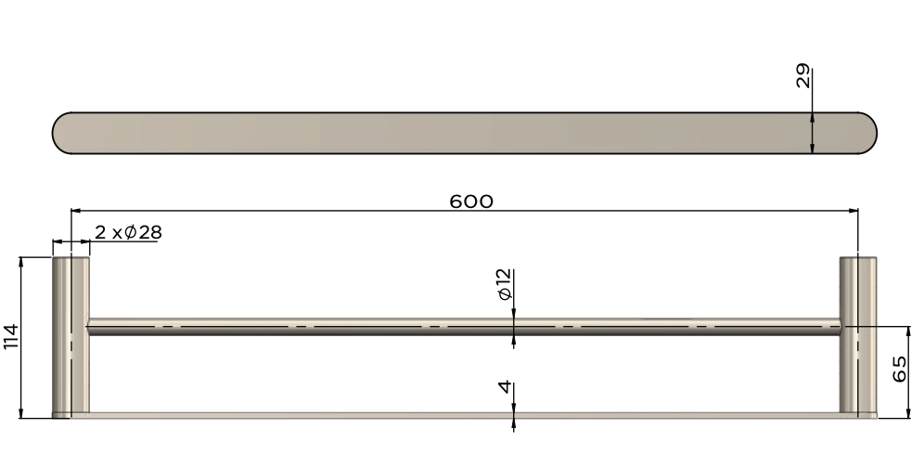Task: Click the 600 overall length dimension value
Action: click(471, 201)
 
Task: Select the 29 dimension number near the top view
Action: click(803, 76)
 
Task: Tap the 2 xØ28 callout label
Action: click(128, 233)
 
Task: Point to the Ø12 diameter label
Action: click(505, 284)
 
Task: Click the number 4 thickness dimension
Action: click(505, 386)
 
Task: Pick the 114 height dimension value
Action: click(11, 336)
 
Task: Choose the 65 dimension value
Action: click(899, 370)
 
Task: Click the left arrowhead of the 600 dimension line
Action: click(77, 211)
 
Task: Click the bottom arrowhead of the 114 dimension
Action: click(20, 412)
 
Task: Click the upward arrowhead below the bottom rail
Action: click(513, 423)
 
